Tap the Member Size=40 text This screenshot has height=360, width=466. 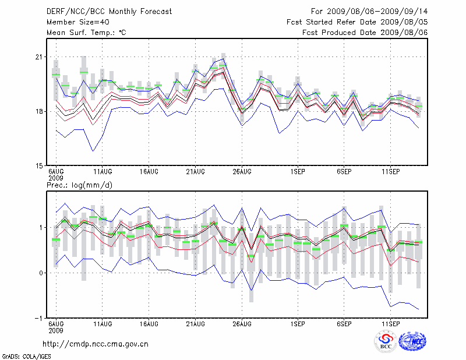[76, 22]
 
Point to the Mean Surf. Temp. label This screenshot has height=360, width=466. [86, 33]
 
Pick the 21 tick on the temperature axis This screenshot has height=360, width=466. [40, 57]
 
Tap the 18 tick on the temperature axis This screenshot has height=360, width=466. [40, 111]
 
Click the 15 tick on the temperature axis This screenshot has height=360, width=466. [40, 165]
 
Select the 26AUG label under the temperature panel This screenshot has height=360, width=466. [242, 172]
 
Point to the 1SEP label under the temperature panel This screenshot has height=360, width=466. [298, 172]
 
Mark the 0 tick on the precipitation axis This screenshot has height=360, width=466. [41, 273]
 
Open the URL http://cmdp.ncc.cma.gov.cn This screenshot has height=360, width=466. [96, 344]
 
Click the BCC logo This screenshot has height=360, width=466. [386, 342]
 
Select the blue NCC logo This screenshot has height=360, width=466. [412, 342]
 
